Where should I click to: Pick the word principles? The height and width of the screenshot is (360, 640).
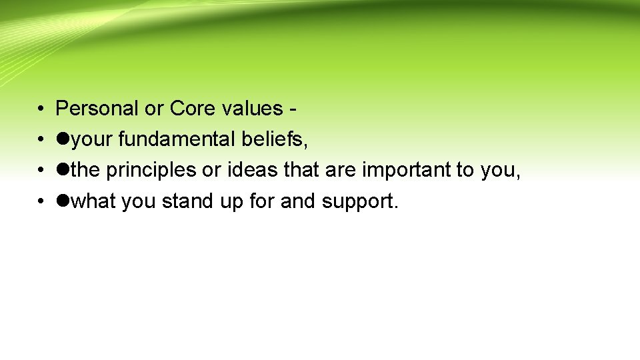pos(152,171)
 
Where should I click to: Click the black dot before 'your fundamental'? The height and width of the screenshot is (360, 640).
pos(63,139)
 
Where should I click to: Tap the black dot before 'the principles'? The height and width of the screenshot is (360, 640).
pos(63,171)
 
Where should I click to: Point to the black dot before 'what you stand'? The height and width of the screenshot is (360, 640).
pos(63,201)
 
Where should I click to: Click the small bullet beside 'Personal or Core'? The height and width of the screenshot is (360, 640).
pos(41,109)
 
